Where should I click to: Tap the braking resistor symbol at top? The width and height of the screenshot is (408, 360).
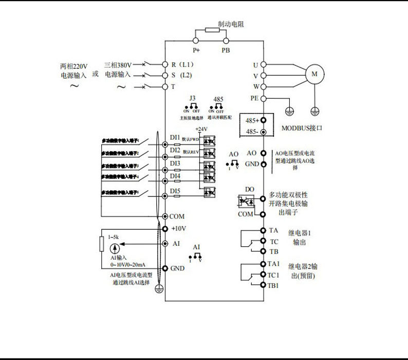coord(212,30)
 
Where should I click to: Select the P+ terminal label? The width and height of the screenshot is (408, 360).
coord(196,50)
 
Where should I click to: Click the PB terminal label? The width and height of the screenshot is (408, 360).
coord(226,50)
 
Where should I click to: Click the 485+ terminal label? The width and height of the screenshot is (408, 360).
coord(252,120)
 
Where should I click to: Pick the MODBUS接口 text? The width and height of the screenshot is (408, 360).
coord(302,128)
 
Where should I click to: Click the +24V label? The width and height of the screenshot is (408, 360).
coord(201,129)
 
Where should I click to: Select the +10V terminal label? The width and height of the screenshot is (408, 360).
coord(178,228)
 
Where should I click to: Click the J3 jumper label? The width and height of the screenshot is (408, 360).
coord(192,98)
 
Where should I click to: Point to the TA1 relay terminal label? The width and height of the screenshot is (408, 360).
coord(273,264)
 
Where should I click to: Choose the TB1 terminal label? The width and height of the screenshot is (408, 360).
coord(273,285)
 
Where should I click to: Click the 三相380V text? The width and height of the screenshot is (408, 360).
coord(118,65)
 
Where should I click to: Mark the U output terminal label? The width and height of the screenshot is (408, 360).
coord(255,65)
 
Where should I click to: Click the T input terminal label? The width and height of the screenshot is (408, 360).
coord(173,86)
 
